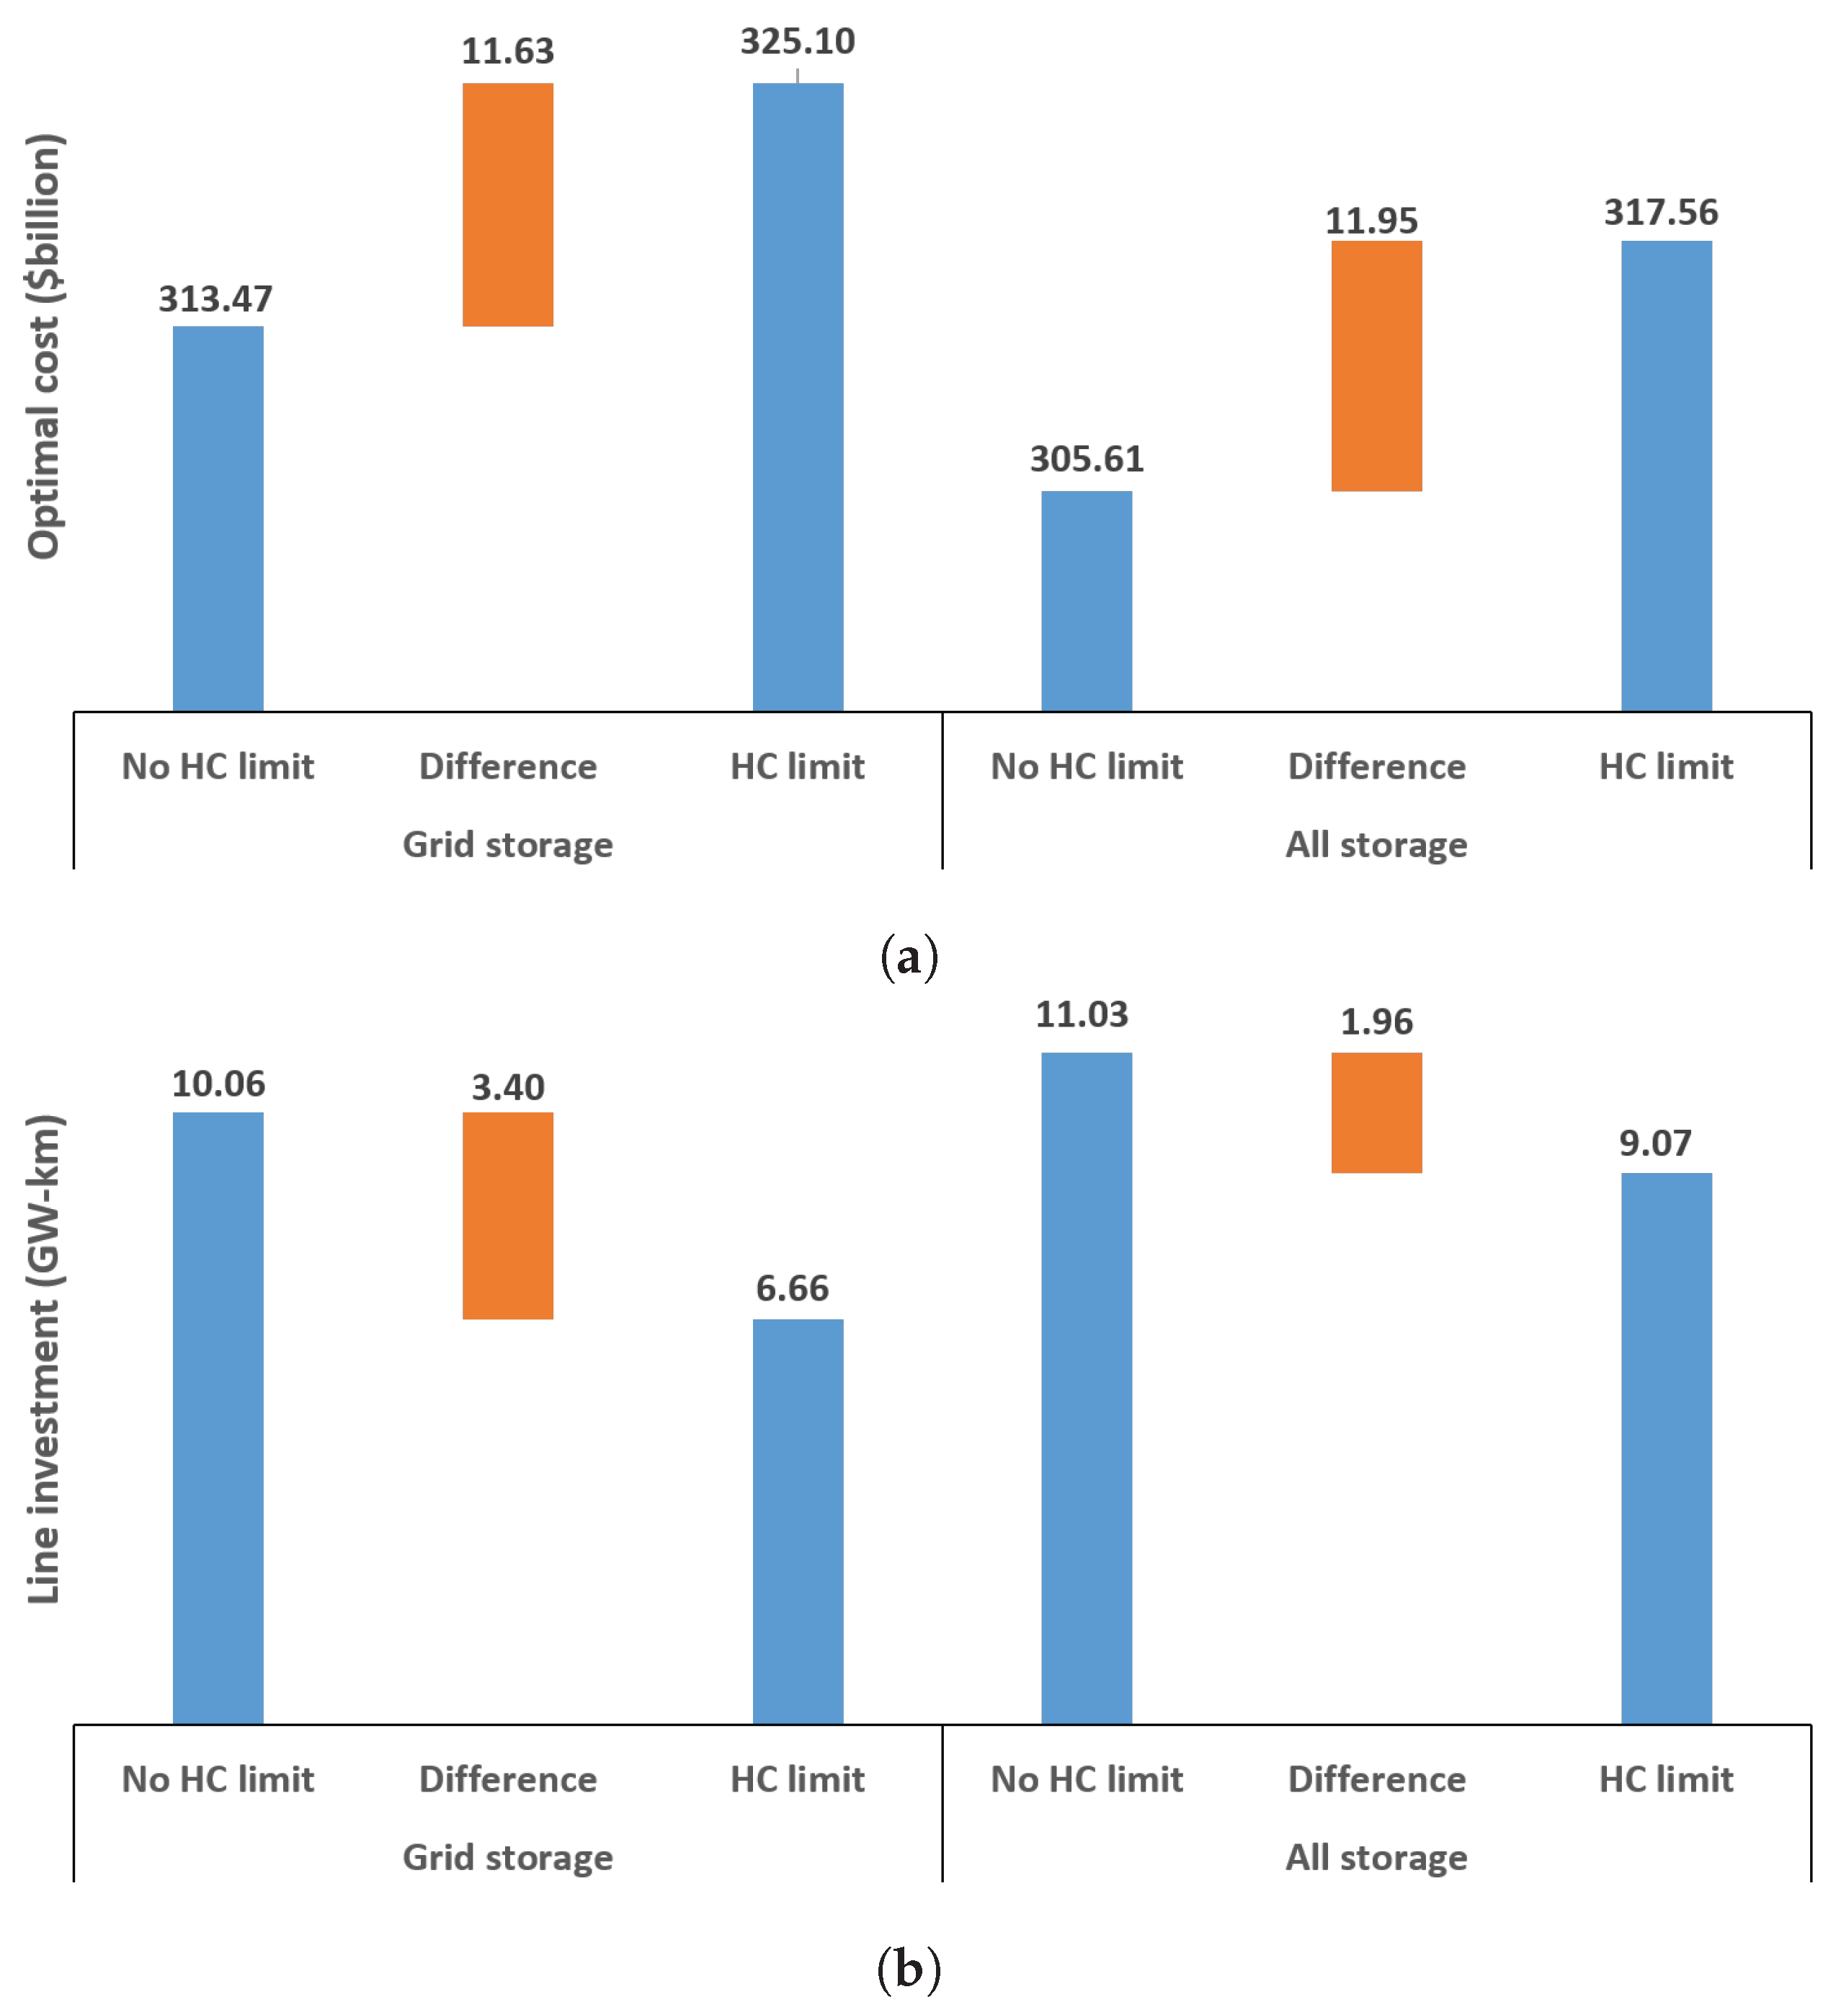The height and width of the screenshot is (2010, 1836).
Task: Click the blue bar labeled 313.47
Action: pos(218,518)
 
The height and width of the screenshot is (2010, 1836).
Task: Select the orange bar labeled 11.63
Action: pos(507,205)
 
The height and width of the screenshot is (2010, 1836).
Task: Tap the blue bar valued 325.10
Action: pos(798,397)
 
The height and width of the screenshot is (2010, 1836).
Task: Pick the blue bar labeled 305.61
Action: pos(1087,601)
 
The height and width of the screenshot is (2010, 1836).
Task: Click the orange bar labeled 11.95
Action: pos(1376,366)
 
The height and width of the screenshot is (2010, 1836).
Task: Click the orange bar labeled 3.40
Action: pos(507,1216)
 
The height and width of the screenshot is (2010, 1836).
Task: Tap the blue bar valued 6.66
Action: pos(798,1520)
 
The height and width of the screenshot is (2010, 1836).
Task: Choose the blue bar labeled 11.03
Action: pos(1087,1387)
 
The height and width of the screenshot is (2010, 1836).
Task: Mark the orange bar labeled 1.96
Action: pos(1376,1112)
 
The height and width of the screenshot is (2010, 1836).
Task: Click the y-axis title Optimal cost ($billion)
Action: pos(44,346)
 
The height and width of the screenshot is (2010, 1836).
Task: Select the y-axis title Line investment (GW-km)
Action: pos(44,1358)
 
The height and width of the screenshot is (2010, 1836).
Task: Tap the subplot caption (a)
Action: pos(909,957)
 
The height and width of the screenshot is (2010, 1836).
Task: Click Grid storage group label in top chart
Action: pos(507,844)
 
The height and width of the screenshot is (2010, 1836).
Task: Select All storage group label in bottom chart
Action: pos(1376,1857)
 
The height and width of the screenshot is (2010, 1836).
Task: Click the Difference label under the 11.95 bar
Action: pos(1376,766)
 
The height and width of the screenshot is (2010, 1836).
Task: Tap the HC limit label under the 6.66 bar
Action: pos(798,1780)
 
